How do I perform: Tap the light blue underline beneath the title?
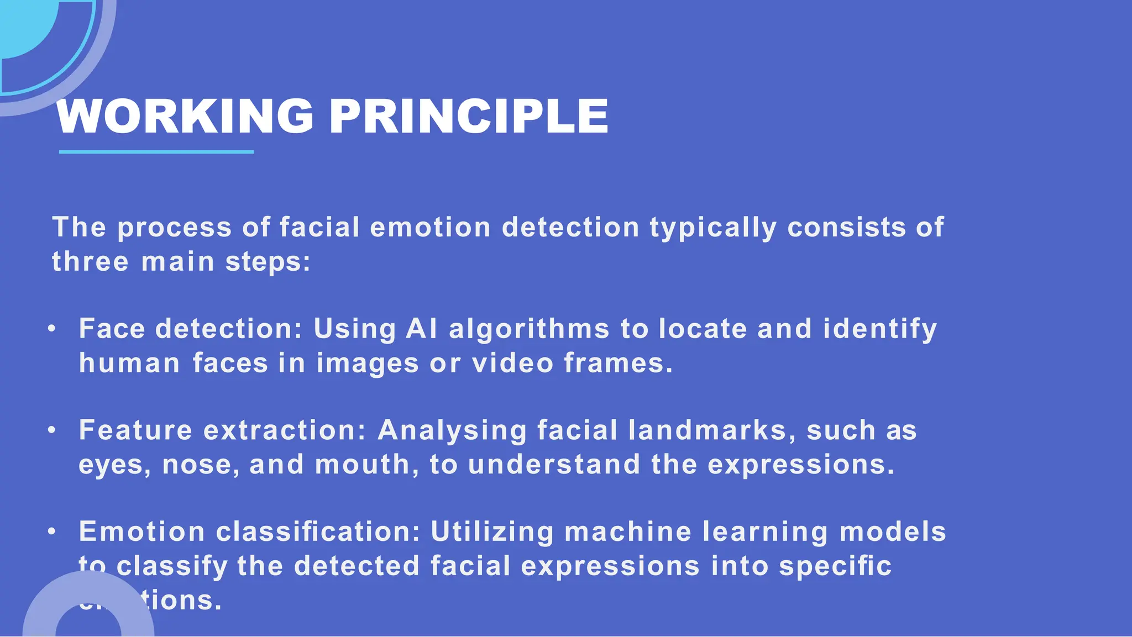pyautogui.click(x=156, y=151)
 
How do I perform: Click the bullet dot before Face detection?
pyautogui.click(x=52, y=329)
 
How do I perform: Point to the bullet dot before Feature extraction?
pyautogui.click(x=52, y=430)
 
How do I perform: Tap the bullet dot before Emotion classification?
pyautogui.click(x=52, y=531)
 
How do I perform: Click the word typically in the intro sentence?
pyautogui.click(x=712, y=228)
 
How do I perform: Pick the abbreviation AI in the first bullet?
pyautogui.click(x=421, y=329)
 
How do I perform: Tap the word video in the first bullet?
pyautogui.click(x=512, y=363)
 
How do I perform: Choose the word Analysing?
pyautogui.click(x=452, y=431)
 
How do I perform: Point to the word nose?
pyautogui.click(x=200, y=465)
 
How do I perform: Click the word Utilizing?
pyautogui.click(x=492, y=533)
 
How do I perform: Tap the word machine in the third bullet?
pyautogui.click(x=627, y=532)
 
